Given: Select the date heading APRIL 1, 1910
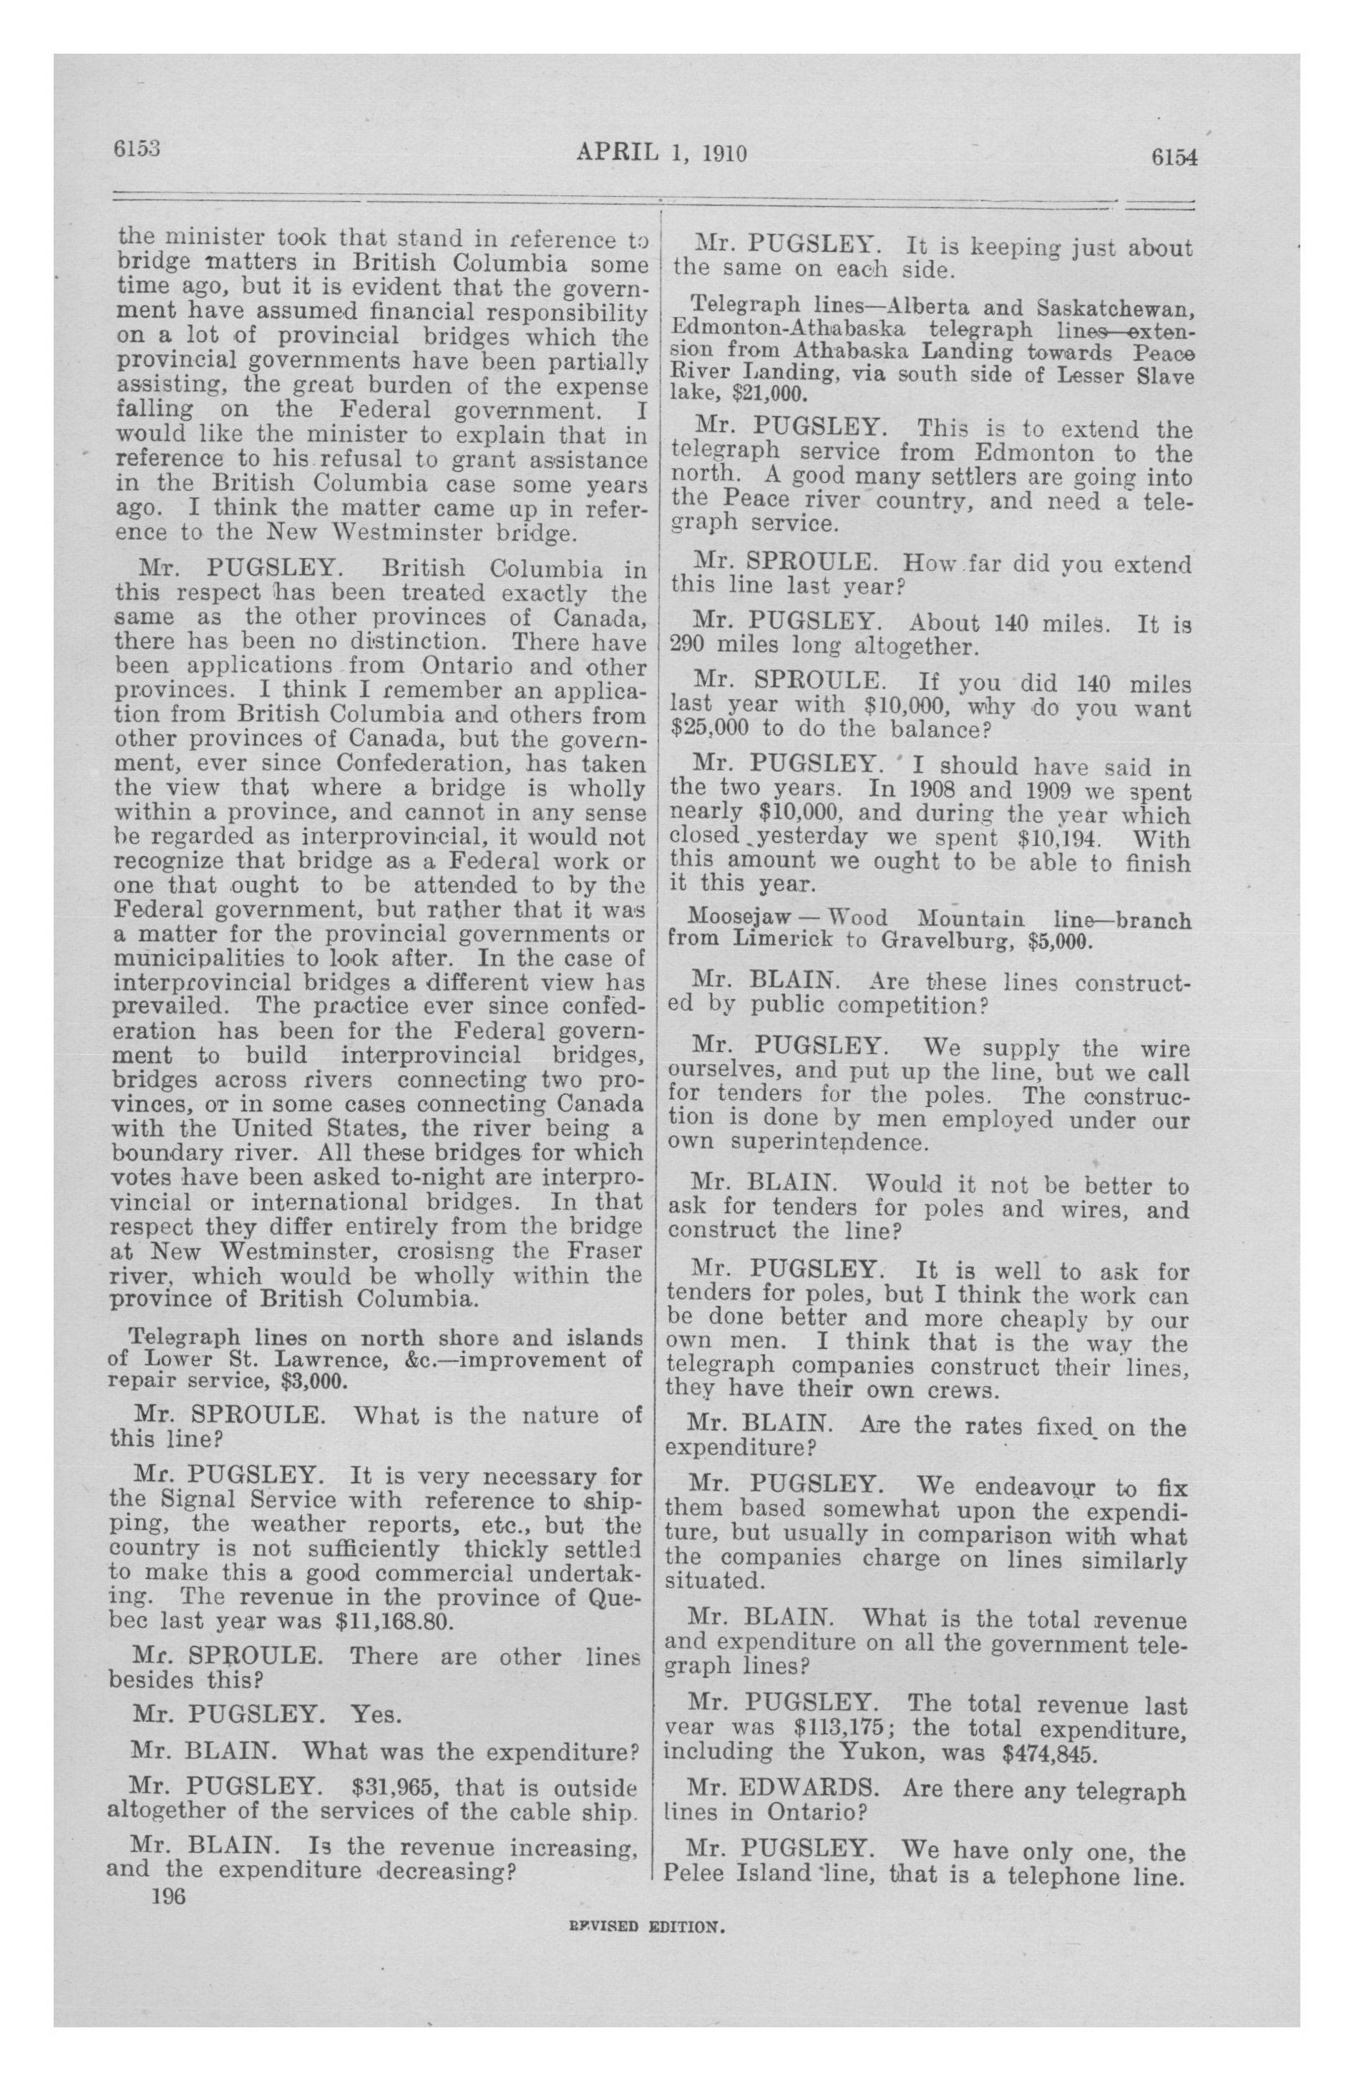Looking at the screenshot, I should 661,154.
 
